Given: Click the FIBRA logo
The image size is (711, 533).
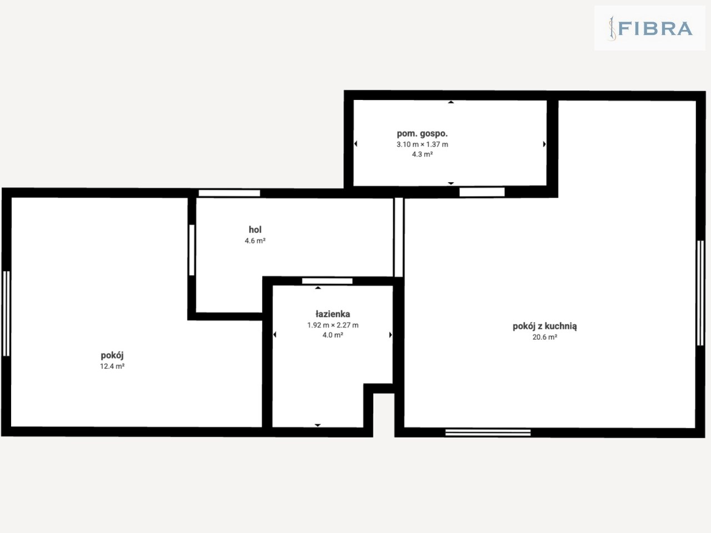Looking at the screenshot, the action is pyautogui.click(x=650, y=28).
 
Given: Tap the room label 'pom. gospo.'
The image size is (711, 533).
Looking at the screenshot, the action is pyautogui.click(x=422, y=133).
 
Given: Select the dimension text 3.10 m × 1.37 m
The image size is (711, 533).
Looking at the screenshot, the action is pyautogui.click(x=422, y=144).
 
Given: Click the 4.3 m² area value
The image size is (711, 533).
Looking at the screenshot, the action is pyautogui.click(x=422, y=154).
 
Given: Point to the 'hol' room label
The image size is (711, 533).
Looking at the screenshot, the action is pyautogui.click(x=255, y=229).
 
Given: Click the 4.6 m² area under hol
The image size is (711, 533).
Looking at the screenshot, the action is pyautogui.click(x=255, y=241).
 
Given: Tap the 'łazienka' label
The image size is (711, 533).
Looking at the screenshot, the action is pyautogui.click(x=333, y=314).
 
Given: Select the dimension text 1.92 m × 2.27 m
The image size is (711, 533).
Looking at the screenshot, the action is pyautogui.click(x=333, y=325).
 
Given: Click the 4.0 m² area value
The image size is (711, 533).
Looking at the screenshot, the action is pyautogui.click(x=333, y=335).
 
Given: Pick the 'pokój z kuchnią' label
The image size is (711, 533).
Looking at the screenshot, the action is pyautogui.click(x=544, y=326).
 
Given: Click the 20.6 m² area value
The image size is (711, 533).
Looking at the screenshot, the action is pyautogui.click(x=544, y=337).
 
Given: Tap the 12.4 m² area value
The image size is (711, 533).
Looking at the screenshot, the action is pyautogui.click(x=112, y=366).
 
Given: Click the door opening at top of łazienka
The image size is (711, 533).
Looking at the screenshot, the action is pyautogui.click(x=327, y=281).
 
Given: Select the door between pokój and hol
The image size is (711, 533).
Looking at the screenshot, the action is pyautogui.click(x=192, y=250).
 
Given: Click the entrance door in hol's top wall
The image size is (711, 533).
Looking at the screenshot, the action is pyautogui.click(x=229, y=193).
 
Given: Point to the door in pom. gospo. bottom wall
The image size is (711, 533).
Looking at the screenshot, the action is pyautogui.click(x=482, y=192).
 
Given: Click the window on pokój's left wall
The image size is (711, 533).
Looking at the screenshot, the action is pyautogui.click(x=6, y=314).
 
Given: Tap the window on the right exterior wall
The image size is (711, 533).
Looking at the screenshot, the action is pyautogui.click(x=700, y=293).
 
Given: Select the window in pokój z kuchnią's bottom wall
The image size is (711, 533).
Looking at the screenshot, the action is pyautogui.click(x=488, y=433).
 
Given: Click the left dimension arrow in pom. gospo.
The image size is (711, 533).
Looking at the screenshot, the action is pyautogui.click(x=355, y=143).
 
